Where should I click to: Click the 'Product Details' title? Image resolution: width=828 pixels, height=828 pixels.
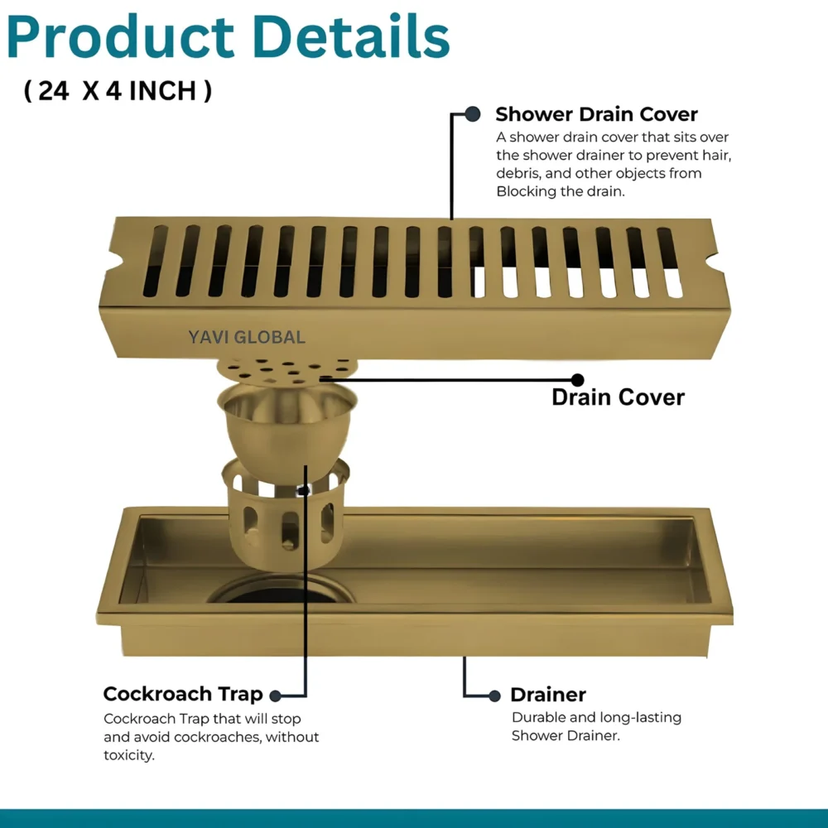pyautogui.click(x=229, y=37)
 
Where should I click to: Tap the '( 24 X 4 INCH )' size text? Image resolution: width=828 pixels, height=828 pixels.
pyautogui.click(x=118, y=91)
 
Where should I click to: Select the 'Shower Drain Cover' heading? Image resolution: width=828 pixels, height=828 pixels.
pyautogui.click(x=596, y=114)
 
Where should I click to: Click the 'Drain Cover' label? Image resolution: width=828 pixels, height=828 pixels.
pyautogui.click(x=618, y=397)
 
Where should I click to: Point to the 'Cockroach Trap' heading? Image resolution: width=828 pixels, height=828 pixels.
pyautogui.click(x=183, y=694)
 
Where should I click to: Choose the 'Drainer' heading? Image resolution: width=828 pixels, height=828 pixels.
pyautogui.click(x=548, y=695)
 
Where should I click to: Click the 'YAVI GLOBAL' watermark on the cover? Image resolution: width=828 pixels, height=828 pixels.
pyautogui.click(x=247, y=337)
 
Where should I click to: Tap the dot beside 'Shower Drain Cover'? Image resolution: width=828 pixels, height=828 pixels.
pyautogui.click(x=473, y=113)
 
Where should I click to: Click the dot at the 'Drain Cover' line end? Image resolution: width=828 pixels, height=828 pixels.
pyautogui.click(x=578, y=380)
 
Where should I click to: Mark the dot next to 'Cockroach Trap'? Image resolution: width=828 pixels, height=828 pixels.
pyautogui.click(x=275, y=696)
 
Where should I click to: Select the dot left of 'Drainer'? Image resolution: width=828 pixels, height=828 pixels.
pyautogui.click(x=495, y=696)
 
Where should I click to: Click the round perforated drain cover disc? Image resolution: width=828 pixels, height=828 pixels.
pyautogui.click(x=286, y=370)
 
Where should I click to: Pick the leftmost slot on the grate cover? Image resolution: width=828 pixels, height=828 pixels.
pyautogui.click(x=156, y=261)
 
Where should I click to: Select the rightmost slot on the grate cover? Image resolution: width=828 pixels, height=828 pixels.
pyautogui.click(x=670, y=262)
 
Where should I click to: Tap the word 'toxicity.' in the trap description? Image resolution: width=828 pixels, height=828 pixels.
pyautogui.click(x=129, y=755)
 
